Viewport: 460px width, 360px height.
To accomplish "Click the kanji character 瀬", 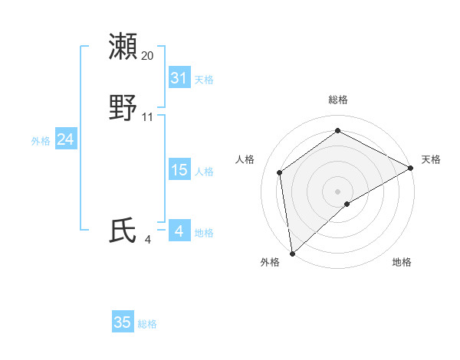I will (124, 47).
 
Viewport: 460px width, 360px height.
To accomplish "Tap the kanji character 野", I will (124, 108).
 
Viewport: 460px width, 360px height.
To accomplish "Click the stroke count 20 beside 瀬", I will (148, 56).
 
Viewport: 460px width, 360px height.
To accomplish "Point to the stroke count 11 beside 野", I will (148, 117).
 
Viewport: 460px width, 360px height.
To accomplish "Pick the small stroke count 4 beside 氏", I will (148, 240).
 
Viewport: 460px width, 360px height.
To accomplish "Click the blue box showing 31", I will (179, 78).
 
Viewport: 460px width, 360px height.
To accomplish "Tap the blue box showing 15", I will (179, 170).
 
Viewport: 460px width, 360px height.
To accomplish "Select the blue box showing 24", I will (66, 139).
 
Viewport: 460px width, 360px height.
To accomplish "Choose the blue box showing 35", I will (123, 322).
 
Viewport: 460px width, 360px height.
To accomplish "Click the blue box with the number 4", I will (179, 231).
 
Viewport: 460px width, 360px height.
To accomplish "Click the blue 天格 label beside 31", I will (204, 80).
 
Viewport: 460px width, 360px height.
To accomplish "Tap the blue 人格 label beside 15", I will (204, 172).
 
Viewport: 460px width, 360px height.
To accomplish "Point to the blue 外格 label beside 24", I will (41, 141).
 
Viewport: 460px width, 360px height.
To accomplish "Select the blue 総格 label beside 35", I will (147, 324).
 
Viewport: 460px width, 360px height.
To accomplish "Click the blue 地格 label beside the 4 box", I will (204, 233).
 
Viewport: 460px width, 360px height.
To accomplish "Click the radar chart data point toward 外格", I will (291, 253).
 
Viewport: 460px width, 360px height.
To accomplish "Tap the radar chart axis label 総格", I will (337, 100).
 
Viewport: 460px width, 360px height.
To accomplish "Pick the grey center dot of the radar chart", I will (337, 191).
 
